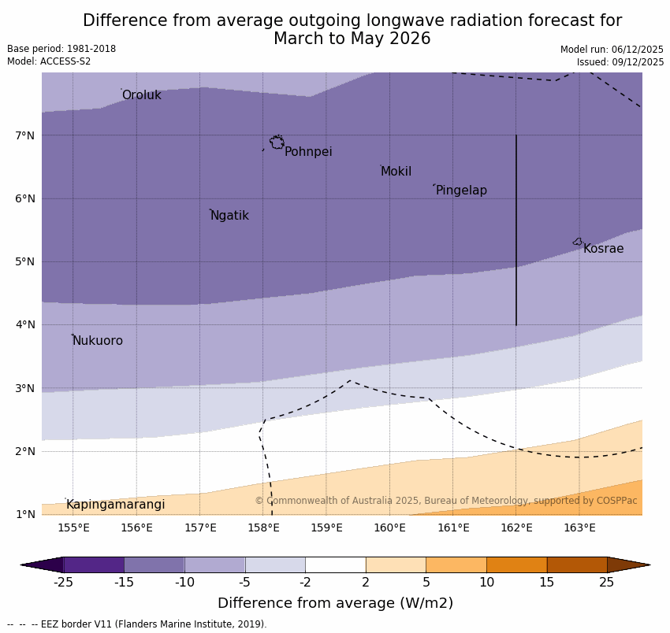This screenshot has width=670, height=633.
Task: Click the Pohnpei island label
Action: (308, 152)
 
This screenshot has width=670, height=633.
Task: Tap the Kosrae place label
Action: (603, 249)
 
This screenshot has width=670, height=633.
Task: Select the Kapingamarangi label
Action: (115, 505)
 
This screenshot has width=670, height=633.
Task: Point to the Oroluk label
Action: (141, 95)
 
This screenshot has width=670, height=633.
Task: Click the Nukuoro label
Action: (98, 341)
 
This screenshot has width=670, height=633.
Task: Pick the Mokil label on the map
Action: (396, 172)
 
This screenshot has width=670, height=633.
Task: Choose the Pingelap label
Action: (461, 191)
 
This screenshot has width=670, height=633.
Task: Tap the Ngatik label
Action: (229, 216)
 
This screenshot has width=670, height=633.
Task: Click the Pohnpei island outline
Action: (277, 143)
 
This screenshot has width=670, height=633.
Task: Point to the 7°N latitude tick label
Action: (25, 135)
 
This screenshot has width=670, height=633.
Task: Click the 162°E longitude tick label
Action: (516, 527)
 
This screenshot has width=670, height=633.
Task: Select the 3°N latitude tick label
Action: (25, 388)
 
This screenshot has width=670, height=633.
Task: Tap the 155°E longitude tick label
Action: (73, 527)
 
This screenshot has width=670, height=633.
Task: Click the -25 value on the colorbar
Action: (63, 583)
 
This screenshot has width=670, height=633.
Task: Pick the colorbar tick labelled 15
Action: (547, 583)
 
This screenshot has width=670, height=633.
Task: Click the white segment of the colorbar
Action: (336, 565)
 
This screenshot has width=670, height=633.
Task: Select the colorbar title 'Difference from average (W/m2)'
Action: (335, 604)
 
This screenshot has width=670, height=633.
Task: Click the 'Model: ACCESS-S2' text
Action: (49, 61)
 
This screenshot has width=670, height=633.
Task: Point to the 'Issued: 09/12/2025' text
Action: (620, 62)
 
